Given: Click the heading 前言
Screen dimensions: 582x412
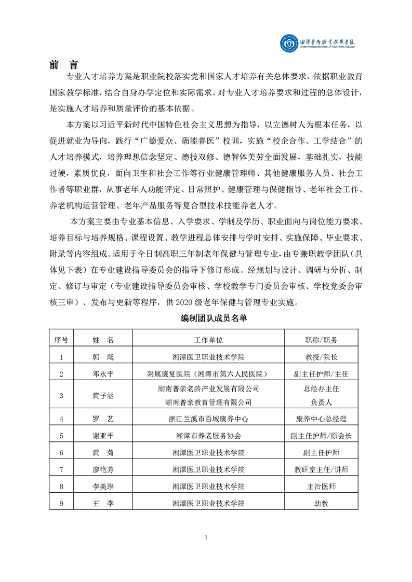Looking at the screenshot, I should click(x=64, y=65).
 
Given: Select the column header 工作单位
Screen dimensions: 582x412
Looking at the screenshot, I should click(x=208, y=340).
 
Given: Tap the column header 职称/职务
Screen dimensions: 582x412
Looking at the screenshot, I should click(x=321, y=340).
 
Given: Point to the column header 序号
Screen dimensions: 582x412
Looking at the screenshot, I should click(x=61, y=340).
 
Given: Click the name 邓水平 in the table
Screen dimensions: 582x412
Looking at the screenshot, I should click(x=103, y=373).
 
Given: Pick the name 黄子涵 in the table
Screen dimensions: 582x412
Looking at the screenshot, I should click(x=103, y=395).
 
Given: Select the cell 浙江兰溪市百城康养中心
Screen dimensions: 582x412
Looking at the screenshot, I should click(x=208, y=418).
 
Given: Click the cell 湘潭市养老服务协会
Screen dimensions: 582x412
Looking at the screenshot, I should click(x=208, y=436).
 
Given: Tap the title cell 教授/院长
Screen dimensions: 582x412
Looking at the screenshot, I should click(x=321, y=357).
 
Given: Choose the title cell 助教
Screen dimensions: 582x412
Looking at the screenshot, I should click(x=321, y=503).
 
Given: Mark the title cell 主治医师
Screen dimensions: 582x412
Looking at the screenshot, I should click(x=321, y=487).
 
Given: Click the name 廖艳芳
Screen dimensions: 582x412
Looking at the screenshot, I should click(x=103, y=469).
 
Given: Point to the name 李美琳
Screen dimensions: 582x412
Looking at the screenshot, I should click(x=103, y=487).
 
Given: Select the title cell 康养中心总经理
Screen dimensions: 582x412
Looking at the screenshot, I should click(x=321, y=418).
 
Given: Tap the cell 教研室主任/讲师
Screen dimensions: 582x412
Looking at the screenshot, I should click(x=321, y=469).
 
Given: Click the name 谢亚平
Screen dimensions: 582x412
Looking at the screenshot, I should click(x=103, y=436).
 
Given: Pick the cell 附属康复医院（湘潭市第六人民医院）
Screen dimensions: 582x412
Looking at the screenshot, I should click(x=208, y=373).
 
